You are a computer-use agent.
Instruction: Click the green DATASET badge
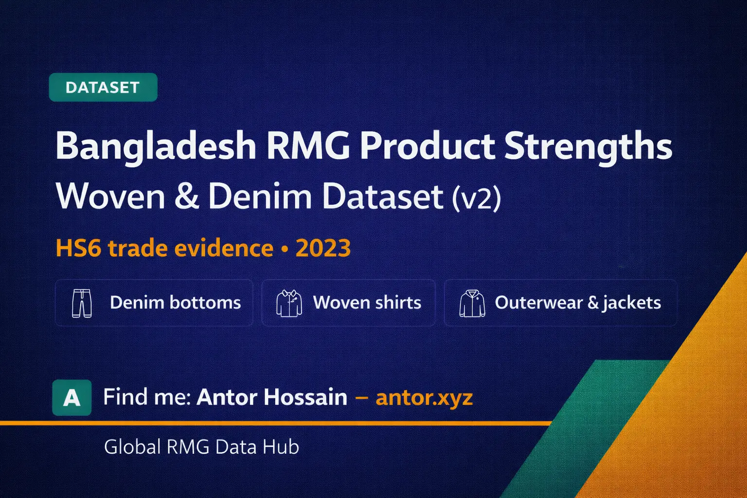pos(103,88)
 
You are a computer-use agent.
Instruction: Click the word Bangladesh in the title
pos(156,146)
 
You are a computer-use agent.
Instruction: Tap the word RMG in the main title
pos(308,146)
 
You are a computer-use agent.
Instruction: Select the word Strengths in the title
pos(588,146)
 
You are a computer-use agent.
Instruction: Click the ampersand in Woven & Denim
pos(186,196)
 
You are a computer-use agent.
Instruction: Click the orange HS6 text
pos(78,248)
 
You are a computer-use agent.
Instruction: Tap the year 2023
pos(323,248)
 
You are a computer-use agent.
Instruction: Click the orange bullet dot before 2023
pos(285,249)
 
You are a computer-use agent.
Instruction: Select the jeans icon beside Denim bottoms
pos(82,303)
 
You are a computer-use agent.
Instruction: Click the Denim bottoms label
pos(175,302)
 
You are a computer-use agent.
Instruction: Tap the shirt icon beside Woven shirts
pos(289,303)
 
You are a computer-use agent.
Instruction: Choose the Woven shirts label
pos(367,302)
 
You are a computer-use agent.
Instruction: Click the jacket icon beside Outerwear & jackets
pos(472,303)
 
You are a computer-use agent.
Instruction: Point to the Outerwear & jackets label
pos(578,302)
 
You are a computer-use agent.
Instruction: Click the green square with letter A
pos(72,398)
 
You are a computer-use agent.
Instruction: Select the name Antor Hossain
pos(272,397)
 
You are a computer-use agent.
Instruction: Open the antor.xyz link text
pos(424,398)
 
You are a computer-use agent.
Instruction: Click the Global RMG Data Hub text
pos(201,447)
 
